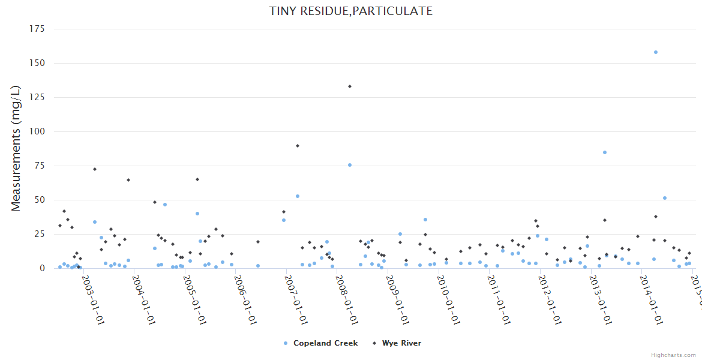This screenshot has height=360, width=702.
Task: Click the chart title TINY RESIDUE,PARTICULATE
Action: [x=351, y=11]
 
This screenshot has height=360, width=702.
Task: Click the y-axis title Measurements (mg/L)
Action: [x=16, y=148]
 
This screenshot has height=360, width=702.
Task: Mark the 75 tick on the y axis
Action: [x=40, y=166]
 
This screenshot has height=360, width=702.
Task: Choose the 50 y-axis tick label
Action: [x=40, y=200]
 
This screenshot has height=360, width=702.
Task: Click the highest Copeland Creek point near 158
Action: [x=656, y=52]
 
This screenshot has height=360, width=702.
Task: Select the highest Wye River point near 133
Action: [x=350, y=86]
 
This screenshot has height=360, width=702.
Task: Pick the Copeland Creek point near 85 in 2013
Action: [x=605, y=152]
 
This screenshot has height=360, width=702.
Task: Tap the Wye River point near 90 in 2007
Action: [x=298, y=146]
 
